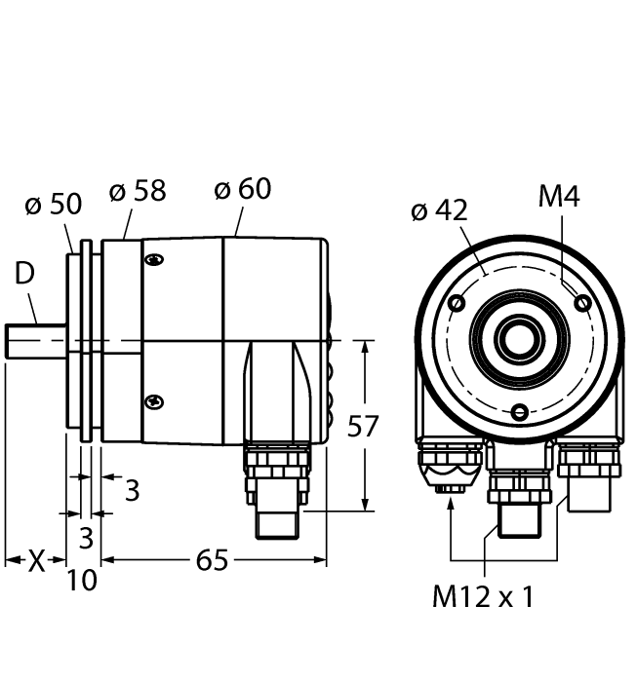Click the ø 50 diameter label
coord(53,205)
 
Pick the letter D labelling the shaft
coord(24,275)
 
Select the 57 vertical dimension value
coord(363,426)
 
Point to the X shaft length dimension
coord(35,560)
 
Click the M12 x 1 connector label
coord(483,596)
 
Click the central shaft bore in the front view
coord(518,339)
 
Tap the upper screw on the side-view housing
coord(153,259)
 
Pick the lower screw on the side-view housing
coord(153,400)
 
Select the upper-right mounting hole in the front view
coord(582,304)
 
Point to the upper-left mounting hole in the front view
coord(456,304)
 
